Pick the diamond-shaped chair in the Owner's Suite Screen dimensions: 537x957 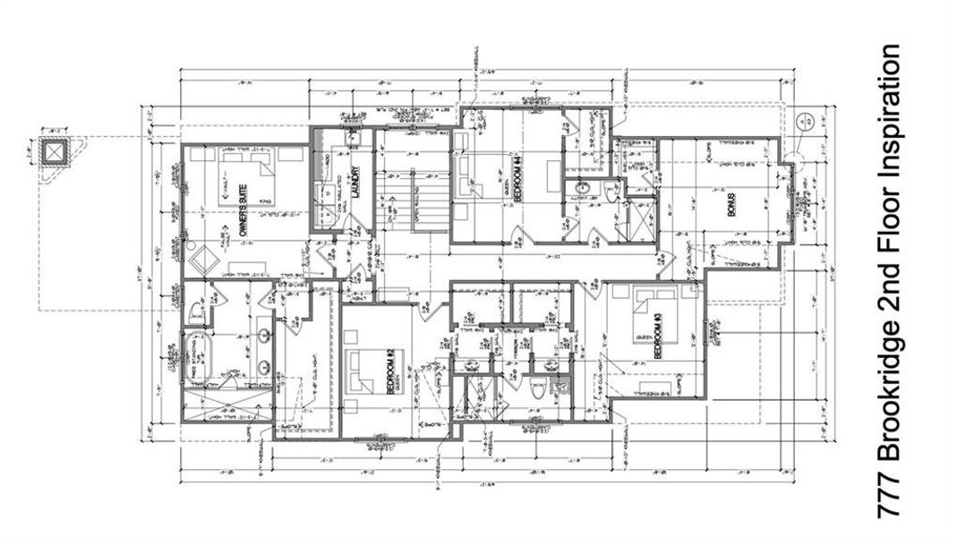(199, 263)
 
